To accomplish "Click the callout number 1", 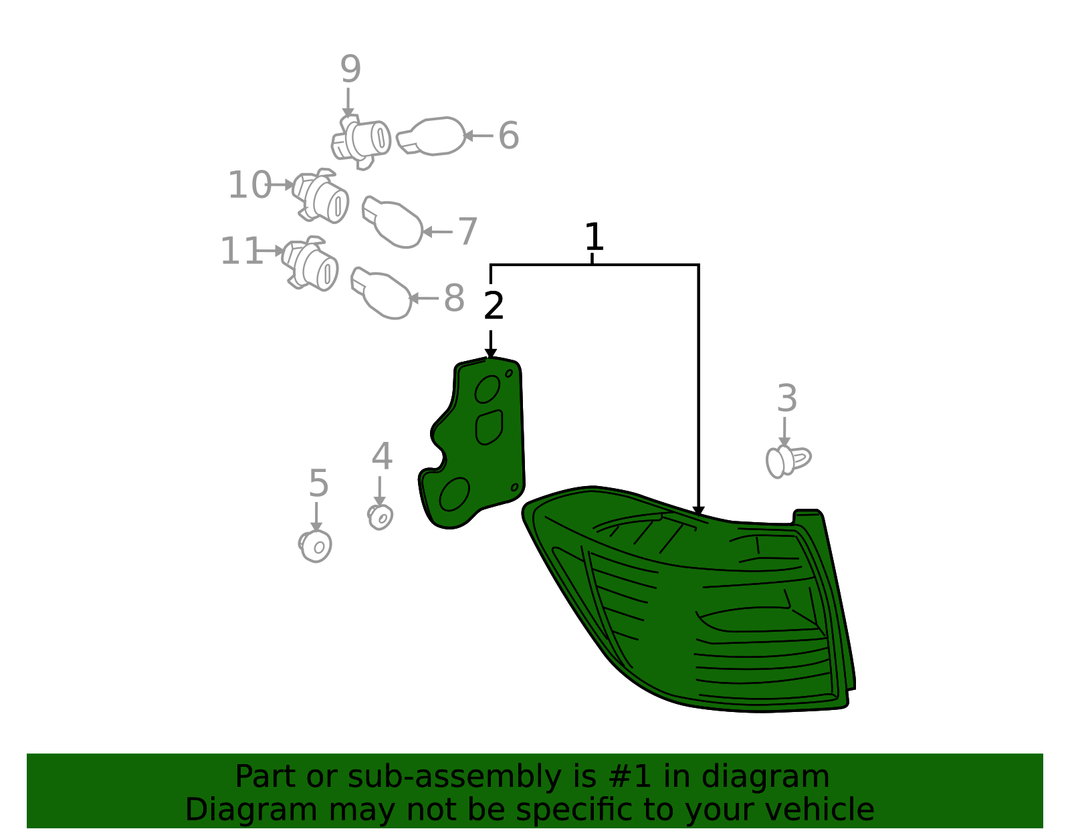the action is pyautogui.click(x=594, y=237).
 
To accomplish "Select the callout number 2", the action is pyautogui.click(x=494, y=306).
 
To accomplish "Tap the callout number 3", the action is pyautogui.click(x=786, y=398).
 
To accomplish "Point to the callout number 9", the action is pyautogui.click(x=350, y=69).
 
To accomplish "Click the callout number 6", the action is pyautogui.click(x=509, y=135).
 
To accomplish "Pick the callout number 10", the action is pyautogui.click(x=249, y=185).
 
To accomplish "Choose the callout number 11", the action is pyautogui.click(x=241, y=251).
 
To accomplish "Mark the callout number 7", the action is pyautogui.click(x=467, y=231).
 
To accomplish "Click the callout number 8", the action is pyautogui.click(x=454, y=298).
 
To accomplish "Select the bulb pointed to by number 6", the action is pyautogui.click(x=431, y=136).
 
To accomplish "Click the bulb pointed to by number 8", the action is pyautogui.click(x=381, y=293).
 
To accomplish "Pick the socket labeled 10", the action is pyautogui.click(x=320, y=195).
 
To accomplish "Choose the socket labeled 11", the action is pyautogui.click(x=310, y=263).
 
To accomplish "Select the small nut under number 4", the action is pyautogui.click(x=380, y=517).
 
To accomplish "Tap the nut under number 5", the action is pyautogui.click(x=315, y=546).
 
